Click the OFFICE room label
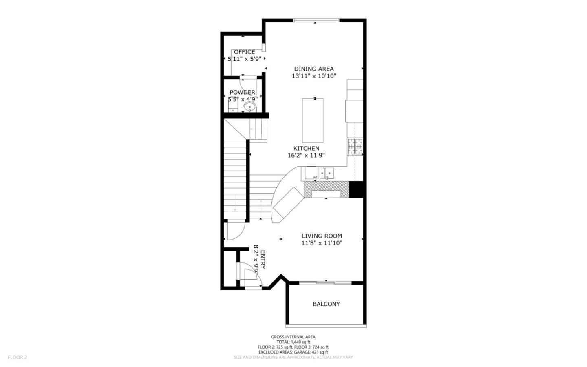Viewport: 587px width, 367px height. point(244,52)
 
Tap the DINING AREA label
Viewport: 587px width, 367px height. point(314,69)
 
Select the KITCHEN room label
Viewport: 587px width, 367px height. point(306,148)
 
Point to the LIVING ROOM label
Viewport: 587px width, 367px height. point(322,236)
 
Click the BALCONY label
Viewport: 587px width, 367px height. point(326,304)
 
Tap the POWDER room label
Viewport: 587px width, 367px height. point(242,92)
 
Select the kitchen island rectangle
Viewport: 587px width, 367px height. point(313,120)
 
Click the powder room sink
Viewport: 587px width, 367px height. point(249,108)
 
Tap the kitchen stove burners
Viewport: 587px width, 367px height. point(355,145)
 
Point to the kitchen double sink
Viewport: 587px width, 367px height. point(327,173)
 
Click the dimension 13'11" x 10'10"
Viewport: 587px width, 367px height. point(314,76)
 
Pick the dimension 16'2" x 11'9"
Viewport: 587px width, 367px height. point(306,155)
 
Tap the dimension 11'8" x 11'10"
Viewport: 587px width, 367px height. point(322,243)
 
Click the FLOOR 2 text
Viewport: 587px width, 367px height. point(18,357)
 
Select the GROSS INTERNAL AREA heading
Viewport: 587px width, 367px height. point(293,337)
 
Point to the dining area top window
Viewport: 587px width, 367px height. point(316,20)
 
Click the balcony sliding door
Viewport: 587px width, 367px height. point(325,282)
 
